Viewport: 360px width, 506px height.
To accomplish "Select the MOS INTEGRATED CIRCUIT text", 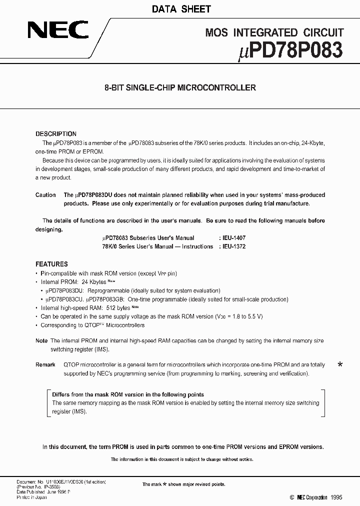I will [274, 33].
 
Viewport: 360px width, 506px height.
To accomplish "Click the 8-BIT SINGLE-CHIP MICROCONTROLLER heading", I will [180, 87].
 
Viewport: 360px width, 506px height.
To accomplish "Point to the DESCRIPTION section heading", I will [56, 134].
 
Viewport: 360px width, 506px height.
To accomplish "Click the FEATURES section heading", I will [51, 264].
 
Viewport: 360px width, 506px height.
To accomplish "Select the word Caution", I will [45, 195].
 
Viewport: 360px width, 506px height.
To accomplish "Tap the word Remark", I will [45, 365].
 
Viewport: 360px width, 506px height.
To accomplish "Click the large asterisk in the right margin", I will [340, 365].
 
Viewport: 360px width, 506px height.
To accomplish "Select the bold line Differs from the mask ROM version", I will [128, 394].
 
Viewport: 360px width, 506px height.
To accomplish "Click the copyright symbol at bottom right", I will [292, 497].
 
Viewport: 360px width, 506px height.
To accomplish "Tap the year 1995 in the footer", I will [337, 497].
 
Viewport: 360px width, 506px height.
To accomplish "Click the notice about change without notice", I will [181, 459].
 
